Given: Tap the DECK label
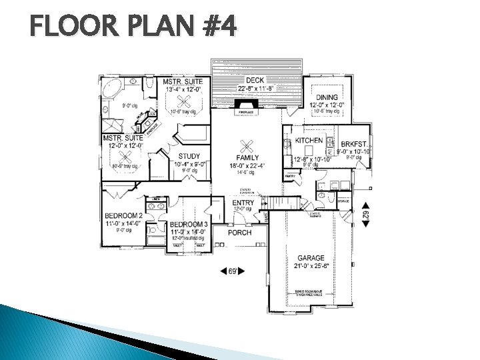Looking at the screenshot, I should (255, 81).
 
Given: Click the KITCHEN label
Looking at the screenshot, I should (309, 141).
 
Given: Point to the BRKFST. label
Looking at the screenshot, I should (354, 144).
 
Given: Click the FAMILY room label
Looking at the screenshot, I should (247, 157).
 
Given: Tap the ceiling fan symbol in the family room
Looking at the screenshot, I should (247, 145).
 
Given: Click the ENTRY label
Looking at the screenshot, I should (243, 202).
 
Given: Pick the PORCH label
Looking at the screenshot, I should (239, 233).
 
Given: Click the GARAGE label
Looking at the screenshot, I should (311, 258).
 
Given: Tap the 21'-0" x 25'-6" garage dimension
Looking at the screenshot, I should (311, 266).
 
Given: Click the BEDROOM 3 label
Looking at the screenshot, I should (189, 225).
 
